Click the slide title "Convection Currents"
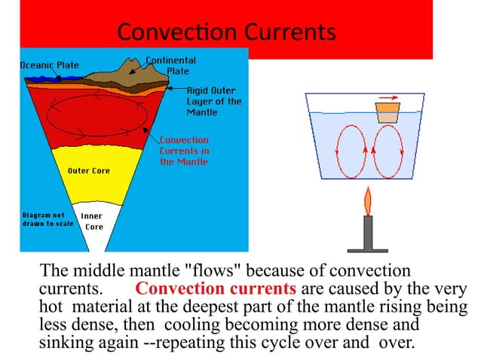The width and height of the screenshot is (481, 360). point(225,32)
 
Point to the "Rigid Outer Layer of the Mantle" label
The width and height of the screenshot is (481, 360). point(213,101)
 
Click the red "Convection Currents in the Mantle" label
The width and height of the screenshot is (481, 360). point(184,151)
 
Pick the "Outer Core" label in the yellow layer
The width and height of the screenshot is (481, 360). point(89,171)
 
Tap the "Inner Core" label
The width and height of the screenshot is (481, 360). point(93,221)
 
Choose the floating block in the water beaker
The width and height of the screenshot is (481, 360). point(388,112)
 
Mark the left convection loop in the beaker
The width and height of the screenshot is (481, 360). point(351,150)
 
